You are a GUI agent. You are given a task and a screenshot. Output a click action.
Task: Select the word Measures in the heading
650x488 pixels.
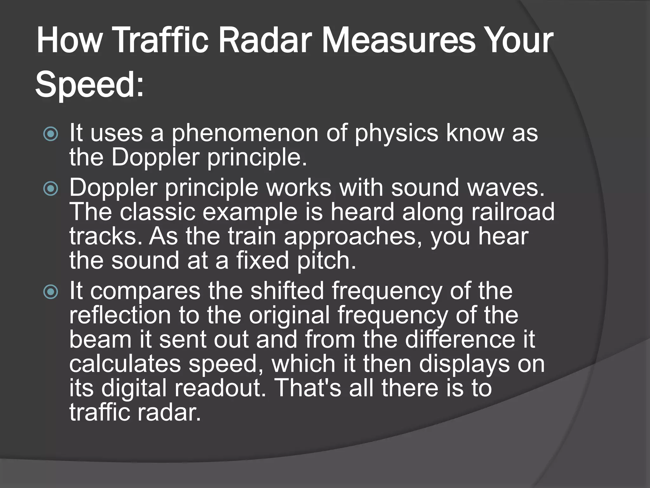[399, 41]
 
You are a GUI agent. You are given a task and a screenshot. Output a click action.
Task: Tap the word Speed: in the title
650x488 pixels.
[90, 85]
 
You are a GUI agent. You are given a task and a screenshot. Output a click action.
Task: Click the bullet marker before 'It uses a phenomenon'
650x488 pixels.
[51, 134]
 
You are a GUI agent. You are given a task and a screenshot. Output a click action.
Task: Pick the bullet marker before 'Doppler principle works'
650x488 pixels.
[51, 189]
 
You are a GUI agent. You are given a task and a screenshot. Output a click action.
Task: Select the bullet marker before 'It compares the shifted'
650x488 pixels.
[51, 292]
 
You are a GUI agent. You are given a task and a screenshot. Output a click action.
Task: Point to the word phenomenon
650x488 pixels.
[245, 133]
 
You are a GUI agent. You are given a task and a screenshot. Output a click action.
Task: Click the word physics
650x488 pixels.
[396, 133]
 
